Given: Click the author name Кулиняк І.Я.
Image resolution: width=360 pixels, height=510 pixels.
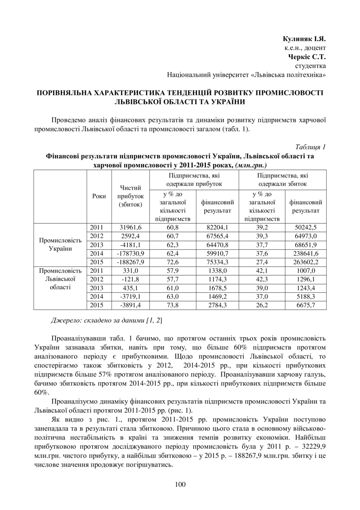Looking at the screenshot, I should [304, 39].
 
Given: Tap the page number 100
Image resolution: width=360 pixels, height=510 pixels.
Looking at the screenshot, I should [180, 484].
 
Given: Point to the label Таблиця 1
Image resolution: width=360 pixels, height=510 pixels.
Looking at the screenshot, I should [311, 147].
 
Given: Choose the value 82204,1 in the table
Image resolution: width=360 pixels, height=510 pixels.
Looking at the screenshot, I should [218, 227].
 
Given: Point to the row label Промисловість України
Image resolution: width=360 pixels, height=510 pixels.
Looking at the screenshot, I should [60, 244].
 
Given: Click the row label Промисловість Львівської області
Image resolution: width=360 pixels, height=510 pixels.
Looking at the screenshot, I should [60, 279].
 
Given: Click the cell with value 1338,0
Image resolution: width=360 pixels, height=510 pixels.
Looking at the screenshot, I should [218, 271].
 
